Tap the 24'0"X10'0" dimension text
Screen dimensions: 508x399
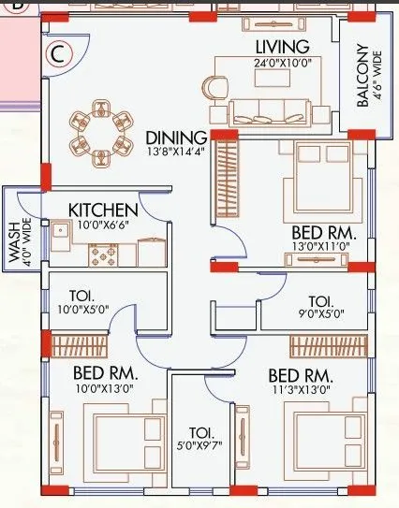(281, 64)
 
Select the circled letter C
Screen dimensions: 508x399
(58, 53)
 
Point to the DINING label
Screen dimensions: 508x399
(176, 138)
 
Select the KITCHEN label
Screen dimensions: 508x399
(103, 210)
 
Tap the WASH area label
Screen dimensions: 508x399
(15, 239)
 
